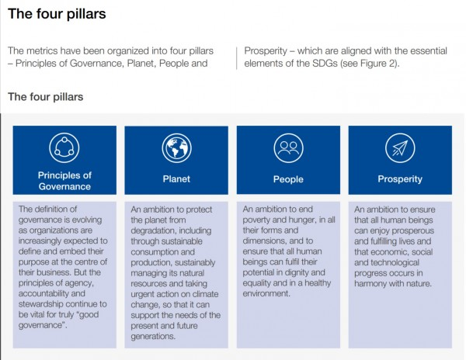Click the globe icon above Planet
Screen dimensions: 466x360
pos(176,147)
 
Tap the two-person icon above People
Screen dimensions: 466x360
pos(288,147)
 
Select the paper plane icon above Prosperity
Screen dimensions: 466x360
pos(400,147)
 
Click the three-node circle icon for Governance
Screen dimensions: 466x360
pos(64,147)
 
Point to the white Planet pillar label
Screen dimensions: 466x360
pos(176,179)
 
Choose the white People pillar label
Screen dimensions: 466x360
pos(288,179)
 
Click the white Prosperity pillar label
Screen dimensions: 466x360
pos(400,179)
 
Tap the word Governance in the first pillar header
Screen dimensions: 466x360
pos(64,186)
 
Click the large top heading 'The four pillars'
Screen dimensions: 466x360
pos(57,14)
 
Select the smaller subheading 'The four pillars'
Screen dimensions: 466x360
pos(46,97)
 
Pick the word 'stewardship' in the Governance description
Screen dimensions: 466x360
pos(40,304)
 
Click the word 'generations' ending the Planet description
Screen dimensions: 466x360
pos(153,336)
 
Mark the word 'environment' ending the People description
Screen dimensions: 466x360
pos(266,293)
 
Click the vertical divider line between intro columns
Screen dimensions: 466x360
pos(237,58)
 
